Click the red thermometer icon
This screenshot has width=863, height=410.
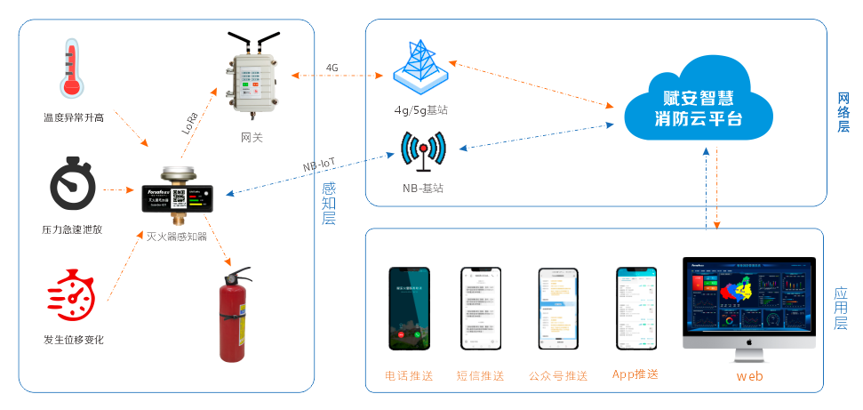click(70, 68)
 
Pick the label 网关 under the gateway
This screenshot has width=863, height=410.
click(252, 137)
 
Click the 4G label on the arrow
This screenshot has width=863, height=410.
click(332, 68)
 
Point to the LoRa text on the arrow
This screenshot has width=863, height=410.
click(190, 122)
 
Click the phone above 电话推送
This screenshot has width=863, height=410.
click(408, 310)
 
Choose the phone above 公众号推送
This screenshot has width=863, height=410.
click(557, 310)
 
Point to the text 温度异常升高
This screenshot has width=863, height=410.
click(74, 117)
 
